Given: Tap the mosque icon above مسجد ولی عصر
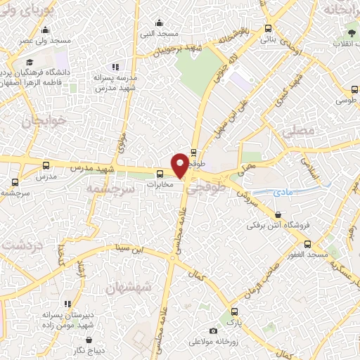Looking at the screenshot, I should [x=46, y=30].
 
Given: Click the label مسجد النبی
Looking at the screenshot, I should [x=159, y=33].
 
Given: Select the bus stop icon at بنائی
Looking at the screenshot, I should [x=268, y=29].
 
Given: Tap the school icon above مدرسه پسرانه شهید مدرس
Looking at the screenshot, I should [x=115, y=67].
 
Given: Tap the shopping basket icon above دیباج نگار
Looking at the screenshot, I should [x=78, y=337].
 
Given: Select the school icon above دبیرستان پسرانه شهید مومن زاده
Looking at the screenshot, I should [x=67, y=304].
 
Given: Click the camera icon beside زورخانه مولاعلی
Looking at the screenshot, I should [x=213, y=330].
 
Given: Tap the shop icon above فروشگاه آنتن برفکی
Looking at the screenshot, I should [x=279, y=215].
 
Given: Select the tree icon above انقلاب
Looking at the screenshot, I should [x=352, y=34].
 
